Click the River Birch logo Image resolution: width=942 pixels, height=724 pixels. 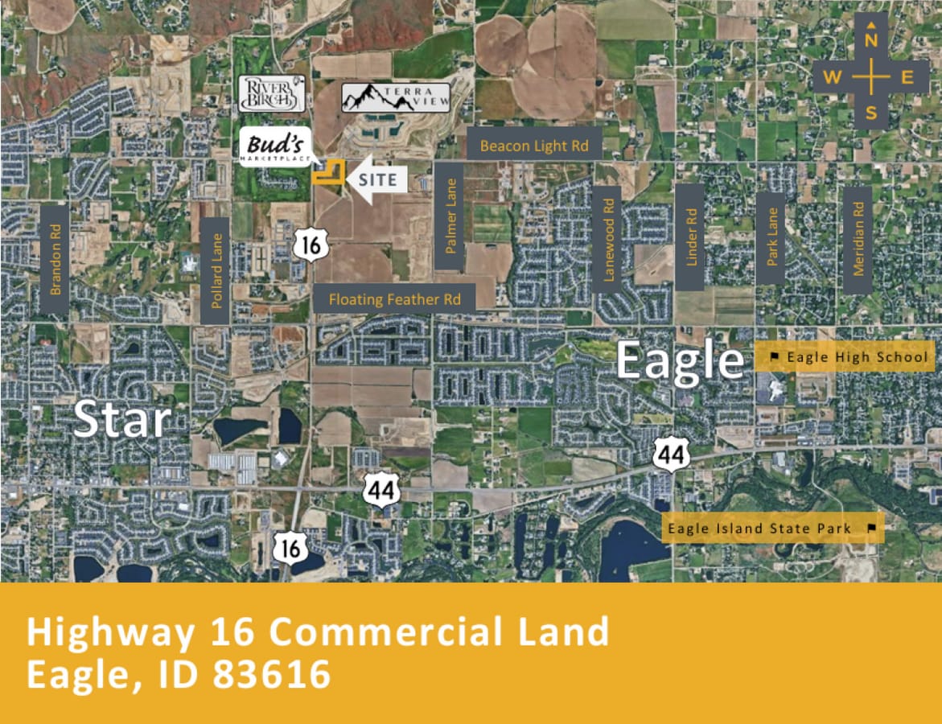coord(272,93)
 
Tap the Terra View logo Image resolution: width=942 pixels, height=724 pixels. coord(396,97)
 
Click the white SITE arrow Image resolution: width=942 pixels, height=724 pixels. coord(371,178)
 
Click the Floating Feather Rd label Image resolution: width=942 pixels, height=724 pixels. coord(394,299)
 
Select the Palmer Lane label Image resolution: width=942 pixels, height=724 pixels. coord(450,216)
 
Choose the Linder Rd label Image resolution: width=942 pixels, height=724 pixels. coord(690,237)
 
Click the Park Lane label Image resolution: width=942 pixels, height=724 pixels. coord(771,237)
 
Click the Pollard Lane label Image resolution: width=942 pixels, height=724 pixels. coord(216,271)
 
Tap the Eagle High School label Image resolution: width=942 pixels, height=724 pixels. coord(849,356)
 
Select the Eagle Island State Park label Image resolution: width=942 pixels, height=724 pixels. coord(771,529)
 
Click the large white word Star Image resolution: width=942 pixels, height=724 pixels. coord(121,419)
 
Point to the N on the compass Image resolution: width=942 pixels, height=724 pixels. coord(871,40)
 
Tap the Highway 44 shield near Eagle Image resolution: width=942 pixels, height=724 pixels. coord(669,455)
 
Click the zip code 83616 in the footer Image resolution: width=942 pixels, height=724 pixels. coord(272,673)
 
